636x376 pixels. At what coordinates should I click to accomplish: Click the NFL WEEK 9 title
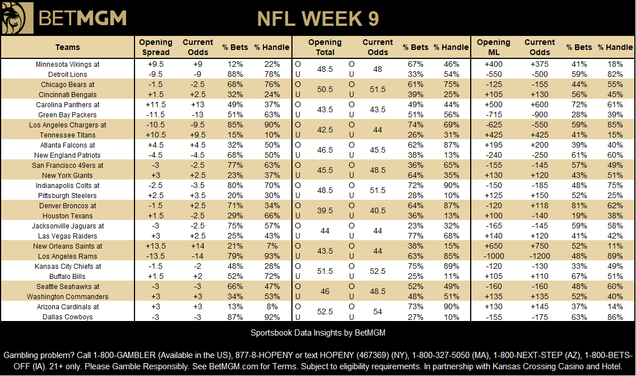point(318,19)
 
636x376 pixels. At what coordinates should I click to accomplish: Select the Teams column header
point(68,47)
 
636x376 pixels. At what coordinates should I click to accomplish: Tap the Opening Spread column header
point(156,47)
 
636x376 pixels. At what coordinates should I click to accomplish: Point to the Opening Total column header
point(325,47)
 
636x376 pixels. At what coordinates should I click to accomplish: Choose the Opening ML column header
point(494,47)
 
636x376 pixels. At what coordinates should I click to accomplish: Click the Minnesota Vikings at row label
point(67,65)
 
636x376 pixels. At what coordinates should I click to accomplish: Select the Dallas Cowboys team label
point(67,317)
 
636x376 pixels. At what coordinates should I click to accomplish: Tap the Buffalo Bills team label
point(67,277)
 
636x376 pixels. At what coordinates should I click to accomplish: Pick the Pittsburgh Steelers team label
point(67,196)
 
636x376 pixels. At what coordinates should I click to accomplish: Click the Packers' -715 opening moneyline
point(494,115)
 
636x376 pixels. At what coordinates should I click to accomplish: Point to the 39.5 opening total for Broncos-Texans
point(325,211)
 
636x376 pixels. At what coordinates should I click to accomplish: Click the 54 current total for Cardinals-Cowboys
point(378,312)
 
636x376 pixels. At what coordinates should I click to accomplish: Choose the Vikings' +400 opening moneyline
point(494,65)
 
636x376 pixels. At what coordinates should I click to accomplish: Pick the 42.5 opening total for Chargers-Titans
point(325,130)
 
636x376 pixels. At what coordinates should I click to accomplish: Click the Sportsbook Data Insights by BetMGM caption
point(318,333)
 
